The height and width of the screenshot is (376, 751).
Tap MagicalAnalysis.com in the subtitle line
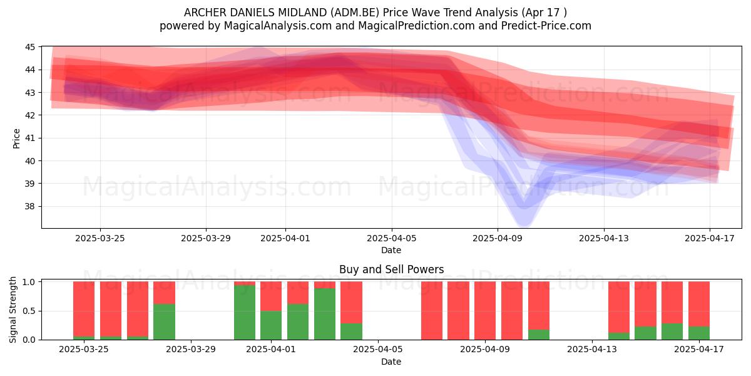coord(278,26)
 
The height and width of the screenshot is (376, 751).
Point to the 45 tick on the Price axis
coord(30,47)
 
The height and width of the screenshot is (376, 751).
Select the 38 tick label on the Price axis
coord(30,206)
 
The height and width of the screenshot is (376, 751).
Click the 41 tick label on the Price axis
coord(30,138)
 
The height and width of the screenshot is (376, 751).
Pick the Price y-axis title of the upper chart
coord(16,138)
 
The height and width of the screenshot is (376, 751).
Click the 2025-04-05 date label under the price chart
coord(391,238)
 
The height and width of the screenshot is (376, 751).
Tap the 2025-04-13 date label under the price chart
coord(604,238)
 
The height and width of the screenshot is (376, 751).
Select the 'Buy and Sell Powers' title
coord(391,269)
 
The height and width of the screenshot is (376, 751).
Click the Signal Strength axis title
coord(13,310)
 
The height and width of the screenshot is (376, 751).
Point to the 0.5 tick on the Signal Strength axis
coord(29,311)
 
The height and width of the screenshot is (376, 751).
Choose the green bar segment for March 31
coord(245,312)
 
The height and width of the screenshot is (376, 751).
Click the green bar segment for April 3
coord(325,314)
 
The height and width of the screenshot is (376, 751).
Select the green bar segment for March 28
coord(164,321)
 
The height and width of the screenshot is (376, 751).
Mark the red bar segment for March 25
coord(84,309)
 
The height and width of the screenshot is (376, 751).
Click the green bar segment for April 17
coord(699,333)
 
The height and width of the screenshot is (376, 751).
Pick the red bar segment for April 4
coord(351,302)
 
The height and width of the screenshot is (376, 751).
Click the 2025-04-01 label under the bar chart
coord(271,350)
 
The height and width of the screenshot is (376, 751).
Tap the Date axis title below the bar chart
coord(391,362)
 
